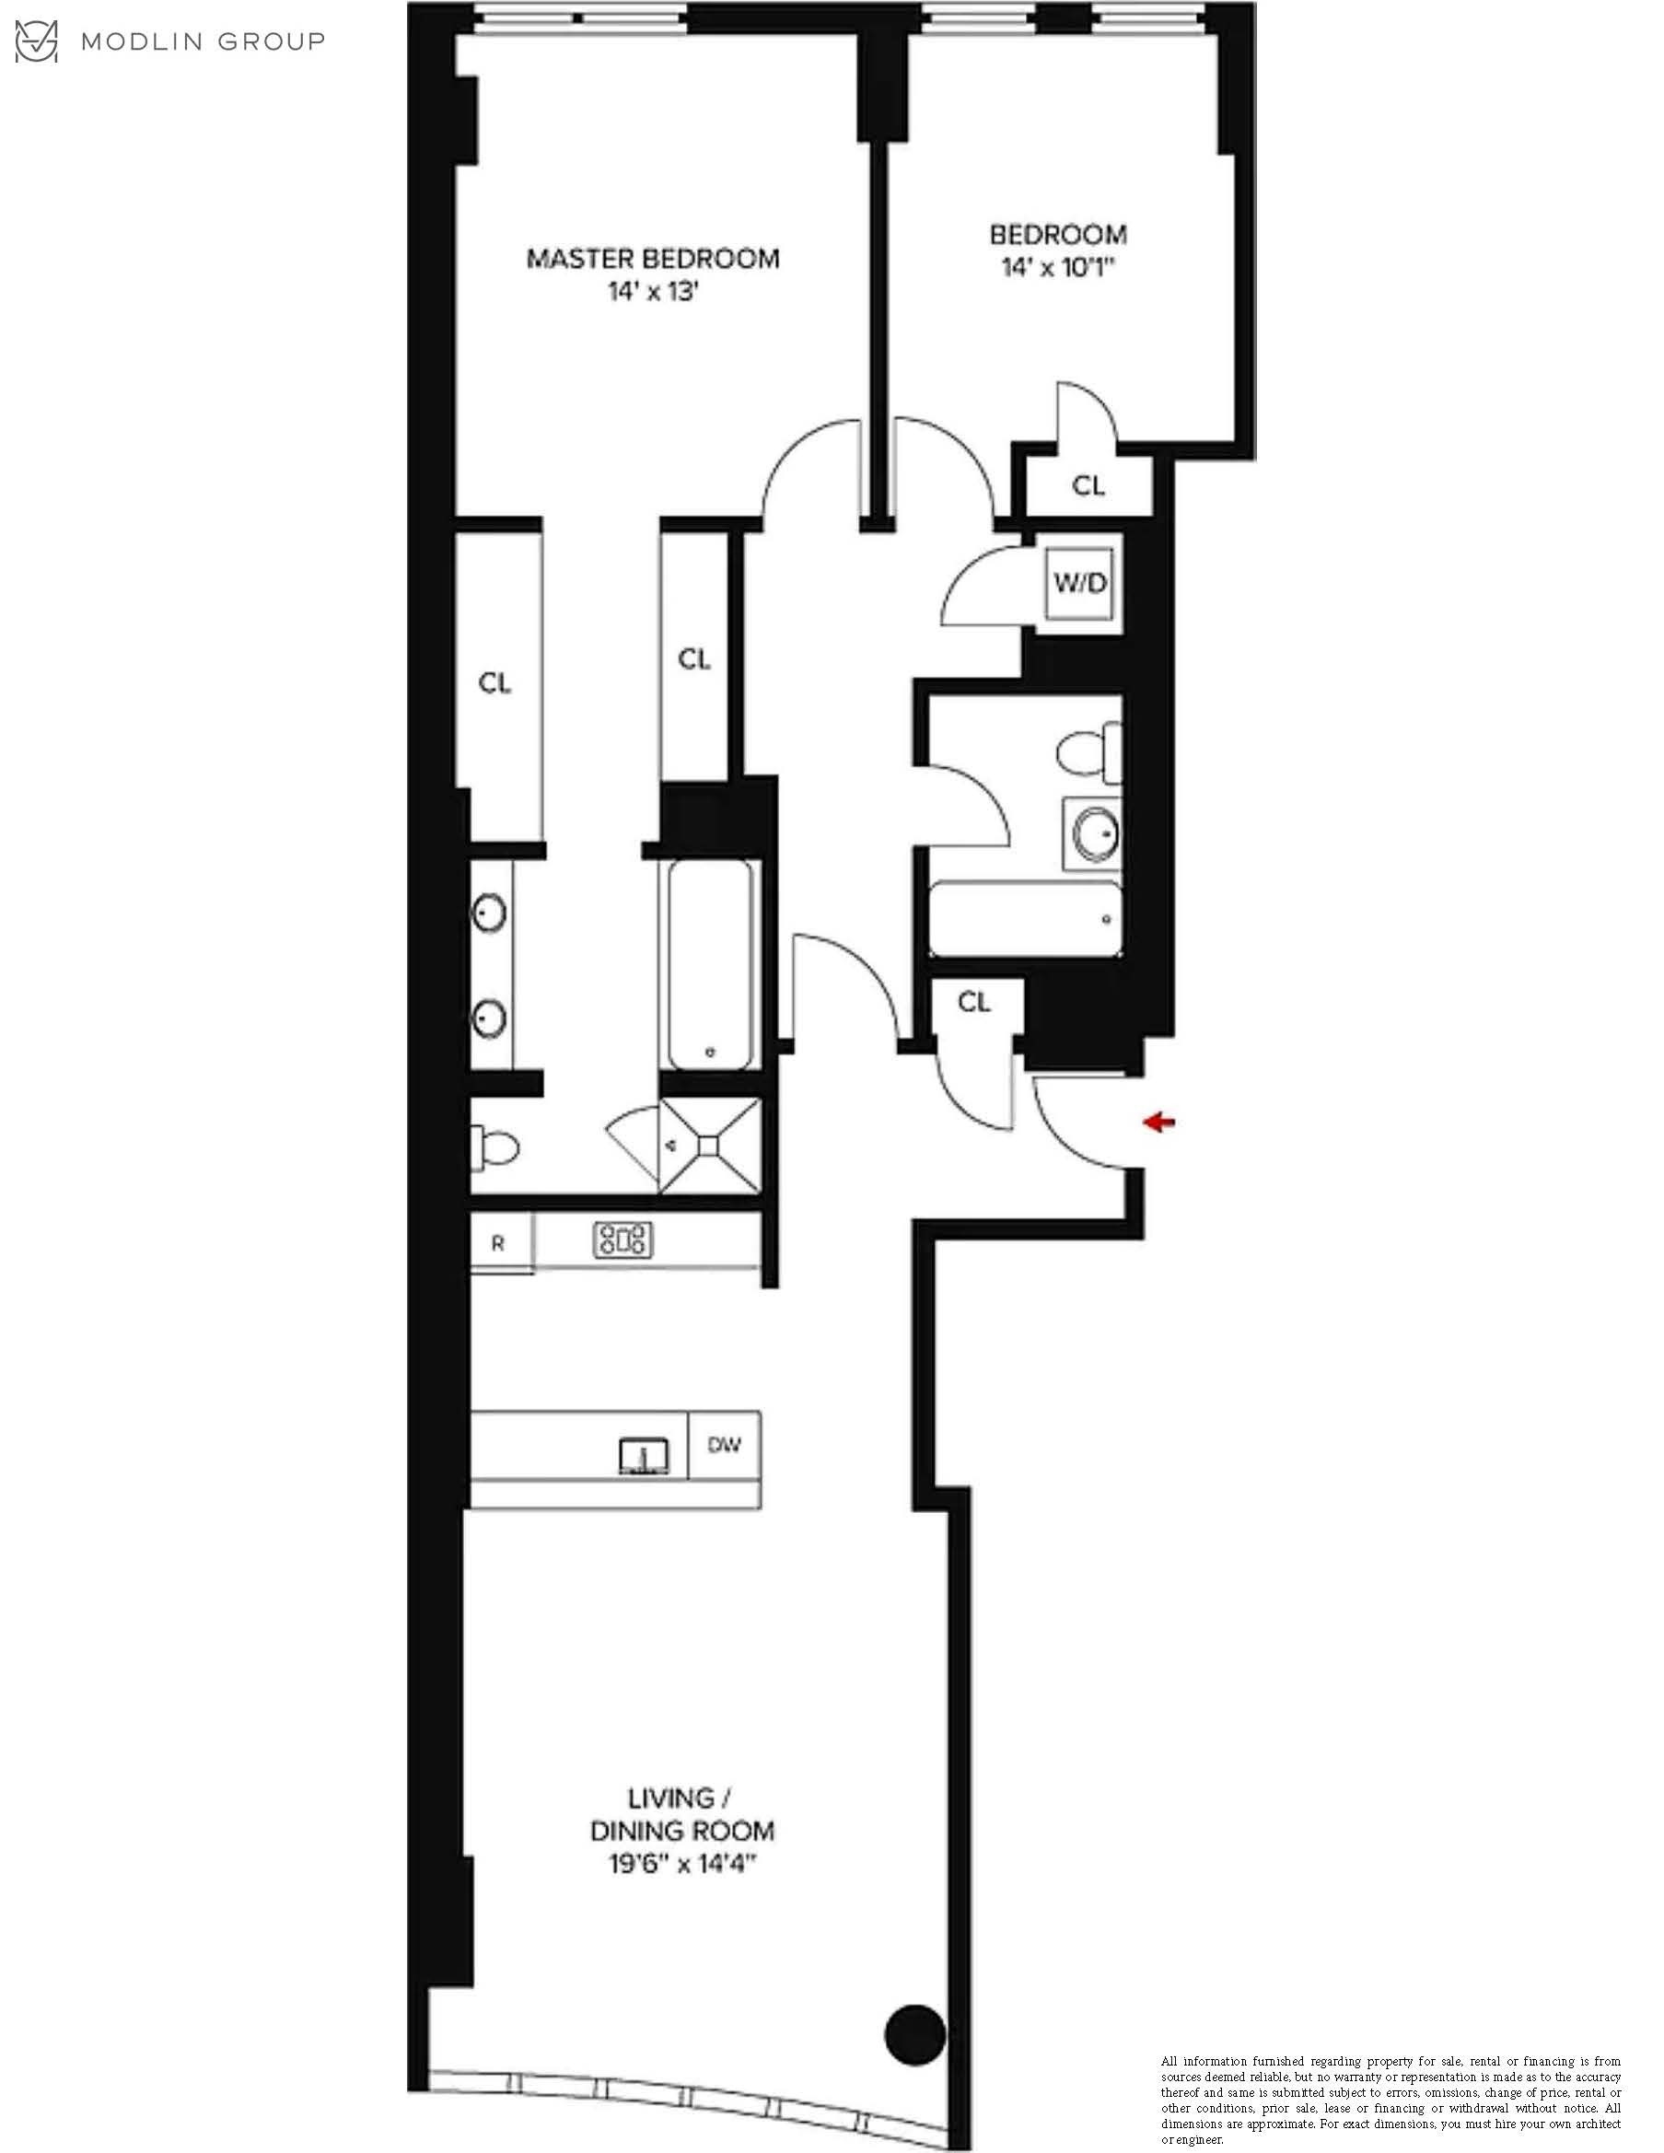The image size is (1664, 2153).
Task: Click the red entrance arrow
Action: [x=1159, y=1122]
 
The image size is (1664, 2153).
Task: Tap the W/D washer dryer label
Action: [x=1080, y=583]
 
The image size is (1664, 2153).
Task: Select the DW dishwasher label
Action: [x=725, y=1445]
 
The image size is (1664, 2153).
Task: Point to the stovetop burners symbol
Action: [x=623, y=1240]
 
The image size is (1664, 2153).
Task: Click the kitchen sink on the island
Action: [x=644, y=1456]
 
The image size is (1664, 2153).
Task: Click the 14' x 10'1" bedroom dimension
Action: [x=1058, y=267]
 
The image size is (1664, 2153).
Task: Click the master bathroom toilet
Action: [x=495, y=1147]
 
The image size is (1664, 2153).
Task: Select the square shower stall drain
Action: [x=710, y=1145]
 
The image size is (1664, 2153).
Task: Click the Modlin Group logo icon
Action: [x=37, y=41]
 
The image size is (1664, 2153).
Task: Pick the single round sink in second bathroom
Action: [x=1095, y=834]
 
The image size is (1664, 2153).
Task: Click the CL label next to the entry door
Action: [x=974, y=1002]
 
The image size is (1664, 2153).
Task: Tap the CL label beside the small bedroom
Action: [x=1088, y=485]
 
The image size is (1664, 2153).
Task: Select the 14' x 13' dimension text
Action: [x=653, y=292]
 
